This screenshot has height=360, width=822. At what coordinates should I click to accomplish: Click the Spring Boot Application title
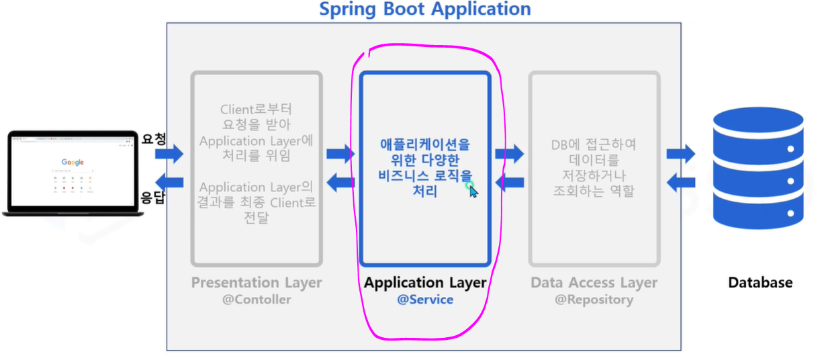point(424,9)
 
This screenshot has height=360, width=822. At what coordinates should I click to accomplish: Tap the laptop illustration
point(73,173)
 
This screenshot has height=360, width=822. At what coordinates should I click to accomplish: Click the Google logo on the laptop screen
point(73,162)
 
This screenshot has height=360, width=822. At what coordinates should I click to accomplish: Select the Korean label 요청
point(153,139)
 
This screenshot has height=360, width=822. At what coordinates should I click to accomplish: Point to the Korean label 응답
point(152,197)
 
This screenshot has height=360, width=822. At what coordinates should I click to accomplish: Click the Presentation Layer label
point(257,283)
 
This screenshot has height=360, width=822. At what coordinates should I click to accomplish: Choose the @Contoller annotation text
point(257,300)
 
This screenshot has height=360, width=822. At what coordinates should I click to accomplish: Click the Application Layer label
point(425,283)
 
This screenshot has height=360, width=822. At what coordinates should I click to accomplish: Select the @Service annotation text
point(425,300)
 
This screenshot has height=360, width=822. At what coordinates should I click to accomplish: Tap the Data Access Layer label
point(594,283)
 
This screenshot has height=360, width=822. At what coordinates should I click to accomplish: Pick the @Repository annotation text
point(594,300)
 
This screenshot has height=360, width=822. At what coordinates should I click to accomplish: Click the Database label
point(760,283)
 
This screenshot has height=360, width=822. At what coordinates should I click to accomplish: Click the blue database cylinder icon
point(758,168)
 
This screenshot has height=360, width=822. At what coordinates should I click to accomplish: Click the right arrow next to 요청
point(169,154)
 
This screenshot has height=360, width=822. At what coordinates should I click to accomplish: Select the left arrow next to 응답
point(169,181)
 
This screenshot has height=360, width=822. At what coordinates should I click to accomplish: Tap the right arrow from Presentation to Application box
point(340,154)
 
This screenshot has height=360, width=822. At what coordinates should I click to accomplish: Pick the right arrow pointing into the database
point(681,154)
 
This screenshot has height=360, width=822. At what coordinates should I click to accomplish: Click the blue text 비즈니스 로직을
point(424,176)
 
